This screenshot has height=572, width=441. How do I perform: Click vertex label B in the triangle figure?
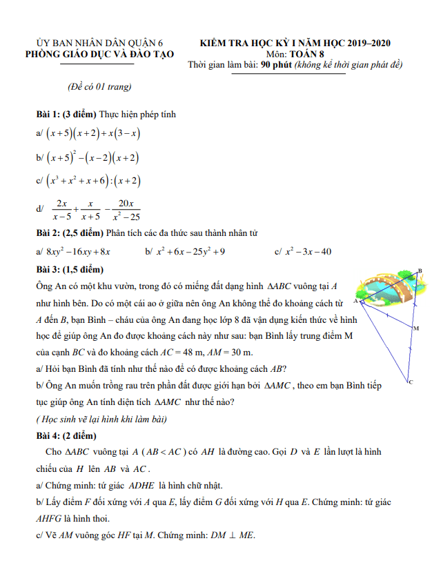coord(420,271)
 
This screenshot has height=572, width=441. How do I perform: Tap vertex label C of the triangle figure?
coord(410,382)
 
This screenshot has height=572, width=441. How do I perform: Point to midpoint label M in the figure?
coord(416,328)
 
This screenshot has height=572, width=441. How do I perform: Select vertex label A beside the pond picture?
coord(355,302)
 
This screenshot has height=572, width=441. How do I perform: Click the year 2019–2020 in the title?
coord(366,43)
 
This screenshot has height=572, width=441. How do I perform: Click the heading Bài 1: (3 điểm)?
coord(67,114)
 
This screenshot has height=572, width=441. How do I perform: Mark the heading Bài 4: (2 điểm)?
coord(66,436)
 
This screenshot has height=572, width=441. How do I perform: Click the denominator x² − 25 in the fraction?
coord(126,217)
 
